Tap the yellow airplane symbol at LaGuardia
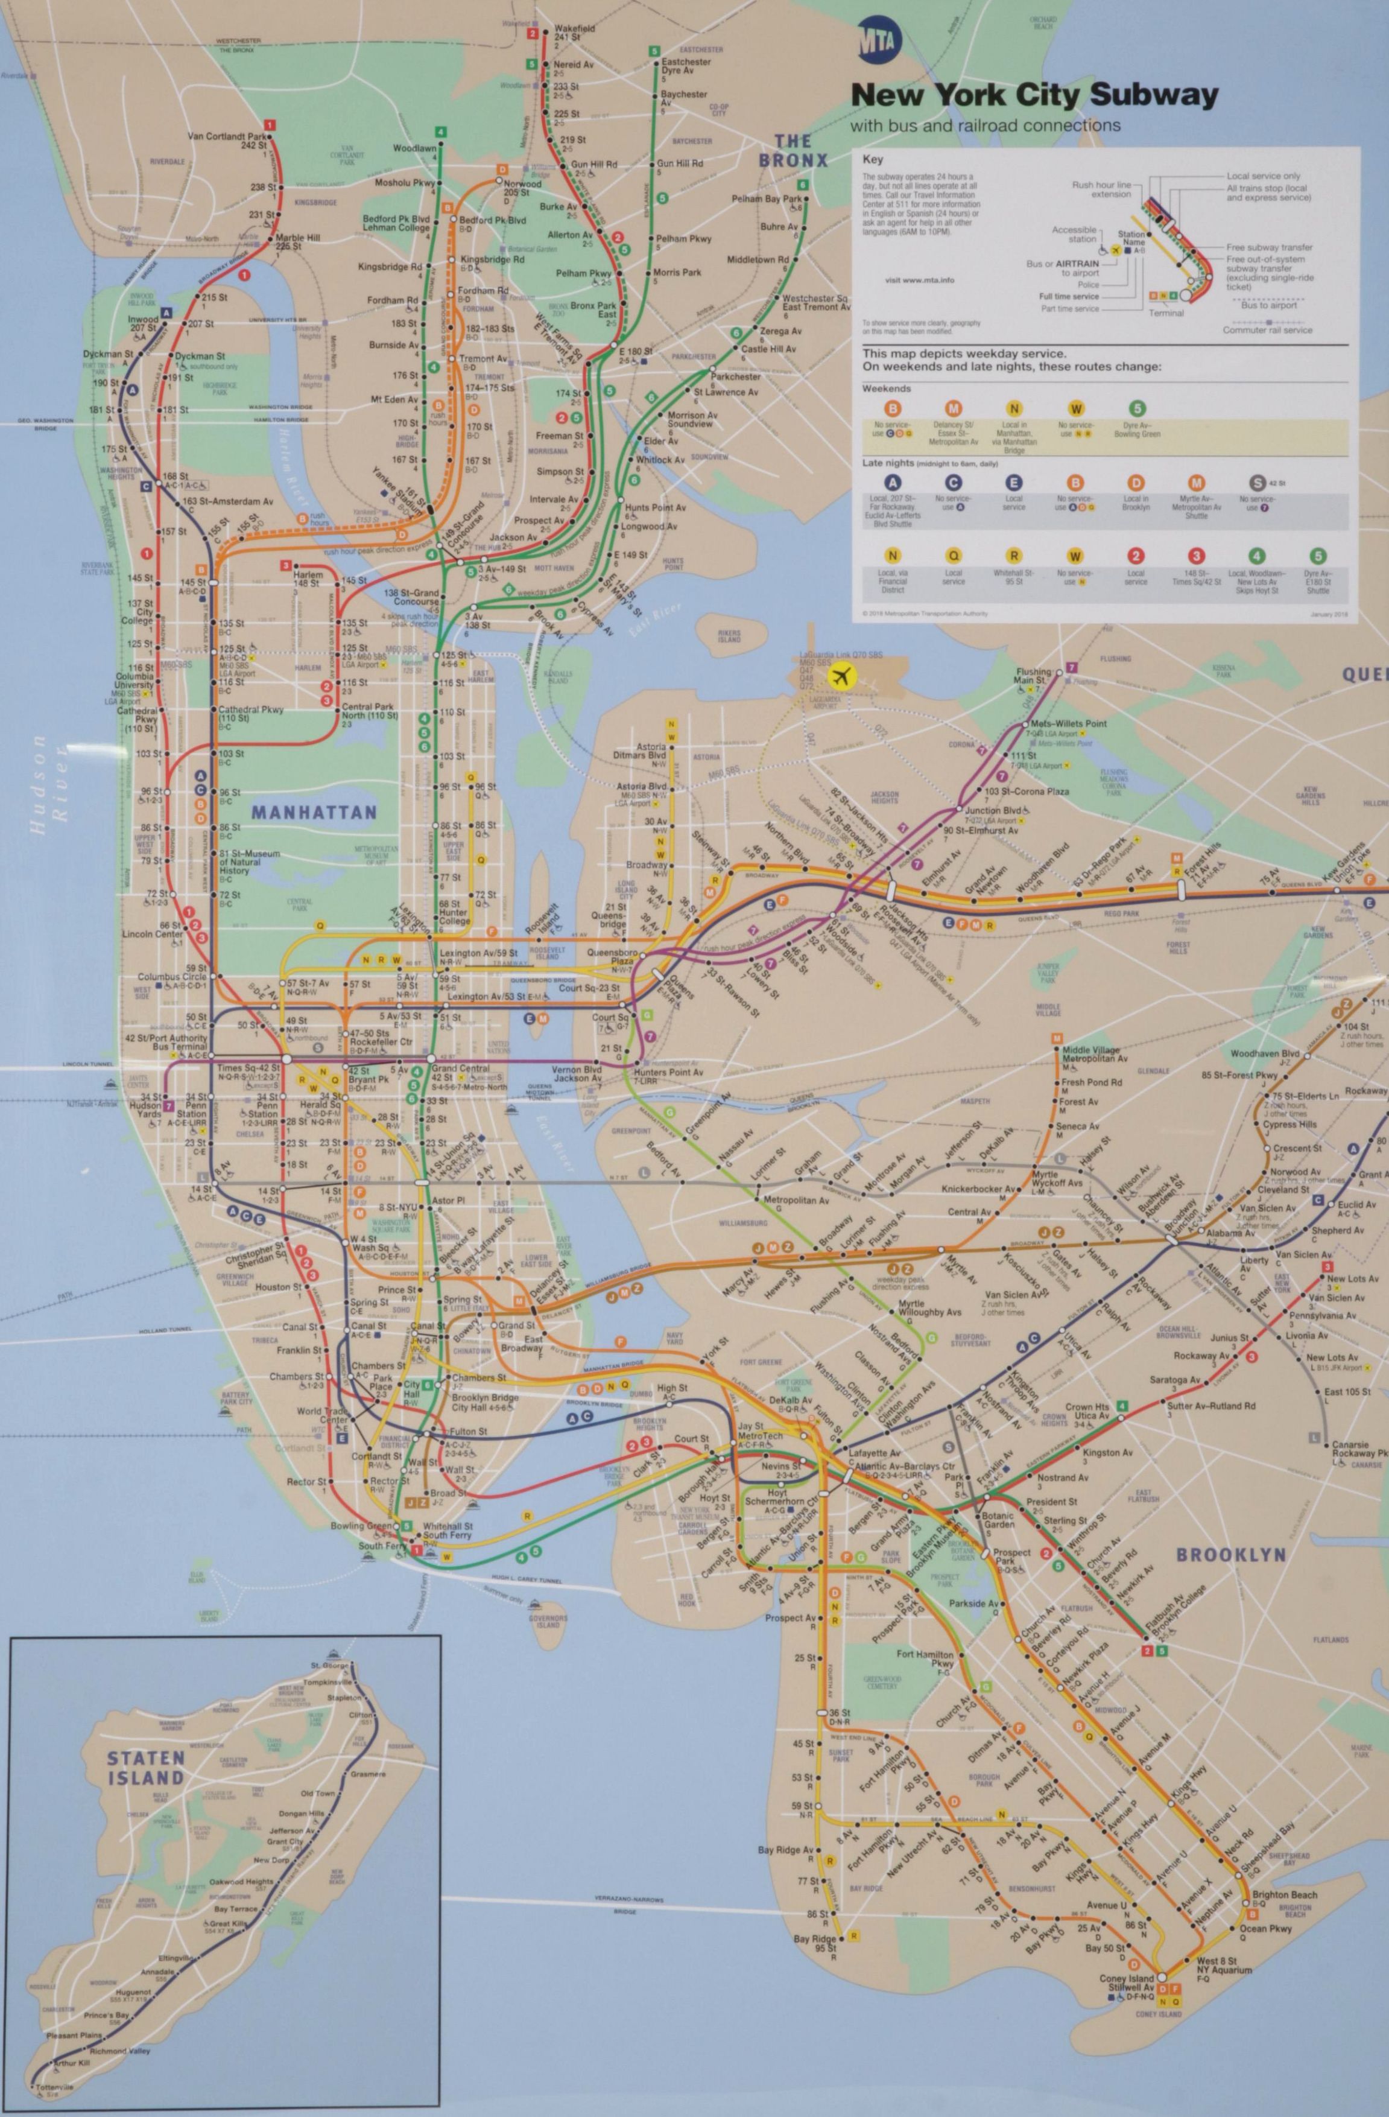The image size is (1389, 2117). click(838, 677)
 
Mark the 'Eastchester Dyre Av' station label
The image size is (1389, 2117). click(686, 68)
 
